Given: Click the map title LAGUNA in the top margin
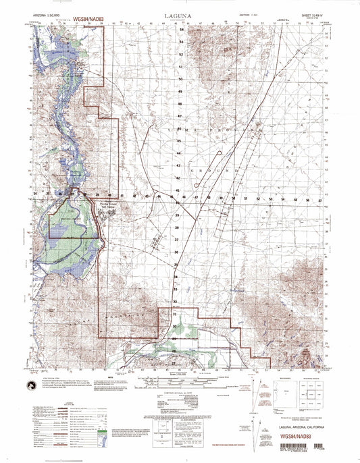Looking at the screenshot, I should click(x=178, y=13).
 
